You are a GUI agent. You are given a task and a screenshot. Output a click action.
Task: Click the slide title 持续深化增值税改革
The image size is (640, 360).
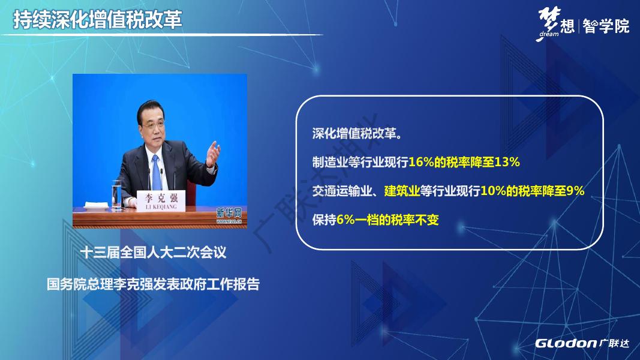[x=98, y=20]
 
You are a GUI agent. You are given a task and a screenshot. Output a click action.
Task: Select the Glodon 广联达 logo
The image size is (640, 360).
[x=582, y=343]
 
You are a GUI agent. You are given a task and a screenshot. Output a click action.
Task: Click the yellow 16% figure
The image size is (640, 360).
[x=421, y=162]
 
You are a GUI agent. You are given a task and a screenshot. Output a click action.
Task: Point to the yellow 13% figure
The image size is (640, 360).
[x=507, y=162]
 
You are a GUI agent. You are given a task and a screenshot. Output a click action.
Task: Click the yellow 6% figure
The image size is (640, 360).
[x=345, y=220]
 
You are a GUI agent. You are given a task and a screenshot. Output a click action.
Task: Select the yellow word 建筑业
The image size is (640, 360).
[x=402, y=191]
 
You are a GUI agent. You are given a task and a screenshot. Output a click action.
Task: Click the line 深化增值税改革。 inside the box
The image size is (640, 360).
[x=357, y=133]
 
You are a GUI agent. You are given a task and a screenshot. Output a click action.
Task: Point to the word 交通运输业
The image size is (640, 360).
[x=342, y=191]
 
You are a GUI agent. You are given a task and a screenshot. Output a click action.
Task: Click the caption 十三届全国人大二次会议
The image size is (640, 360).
[x=153, y=252]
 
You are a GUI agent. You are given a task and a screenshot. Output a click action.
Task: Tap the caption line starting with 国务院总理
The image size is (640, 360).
[x=153, y=284]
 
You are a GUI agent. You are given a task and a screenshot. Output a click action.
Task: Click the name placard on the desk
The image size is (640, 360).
[x=161, y=200]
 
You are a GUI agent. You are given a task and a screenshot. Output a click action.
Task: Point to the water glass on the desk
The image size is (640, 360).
[x=117, y=194]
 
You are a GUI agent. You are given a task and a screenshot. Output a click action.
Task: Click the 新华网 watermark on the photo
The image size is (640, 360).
[x=229, y=215]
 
